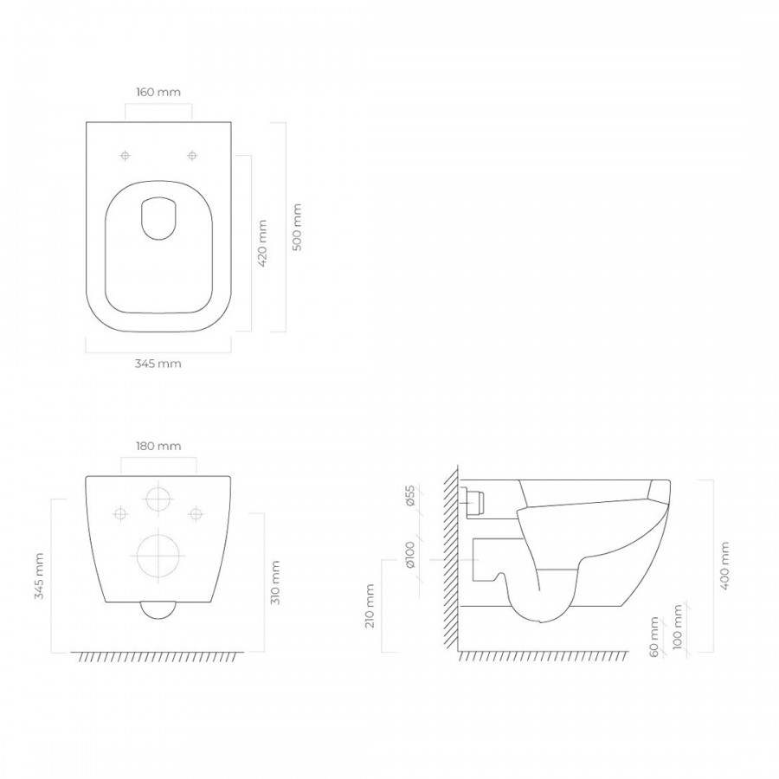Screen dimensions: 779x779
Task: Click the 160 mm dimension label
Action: click(x=158, y=93)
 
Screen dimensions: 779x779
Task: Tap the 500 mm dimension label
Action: click(x=297, y=227)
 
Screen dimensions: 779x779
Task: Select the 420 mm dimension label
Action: click(x=263, y=243)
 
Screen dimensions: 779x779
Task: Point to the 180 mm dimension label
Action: click(x=158, y=446)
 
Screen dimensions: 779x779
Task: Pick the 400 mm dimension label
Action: click(x=724, y=565)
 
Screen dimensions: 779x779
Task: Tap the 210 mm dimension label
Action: click(x=370, y=606)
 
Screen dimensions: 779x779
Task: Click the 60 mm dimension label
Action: click(x=654, y=637)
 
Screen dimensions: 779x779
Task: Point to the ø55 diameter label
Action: click(x=410, y=495)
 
